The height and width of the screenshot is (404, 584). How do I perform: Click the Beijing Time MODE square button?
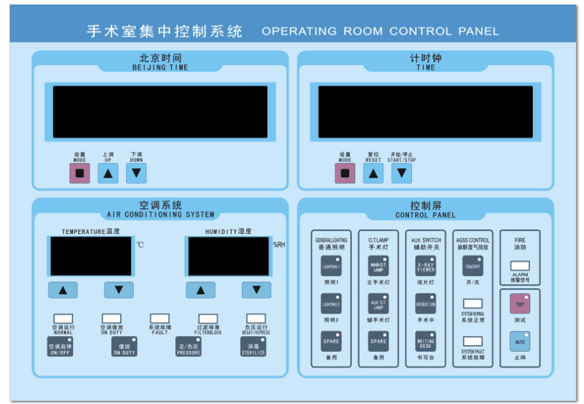pos(80,173)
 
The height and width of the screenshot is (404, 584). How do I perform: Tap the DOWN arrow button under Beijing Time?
pos(136,173)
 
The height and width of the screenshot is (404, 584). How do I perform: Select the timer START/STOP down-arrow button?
pos(402,173)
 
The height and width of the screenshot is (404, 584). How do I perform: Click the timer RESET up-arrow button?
pos(373,173)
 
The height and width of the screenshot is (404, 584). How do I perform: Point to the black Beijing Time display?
pos(160,112)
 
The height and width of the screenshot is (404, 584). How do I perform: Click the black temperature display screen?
pos(90,256)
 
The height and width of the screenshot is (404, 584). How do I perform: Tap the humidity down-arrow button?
pos(256,290)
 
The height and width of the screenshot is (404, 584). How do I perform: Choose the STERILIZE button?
pos(253,346)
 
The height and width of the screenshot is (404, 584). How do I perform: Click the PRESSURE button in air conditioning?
pos(189,346)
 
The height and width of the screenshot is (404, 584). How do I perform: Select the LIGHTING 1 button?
pos(331,266)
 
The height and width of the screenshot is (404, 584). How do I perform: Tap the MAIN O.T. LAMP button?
pos(378,266)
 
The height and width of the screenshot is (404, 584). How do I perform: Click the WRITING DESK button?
pos(426,341)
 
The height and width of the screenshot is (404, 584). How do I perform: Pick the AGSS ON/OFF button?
pos(473,266)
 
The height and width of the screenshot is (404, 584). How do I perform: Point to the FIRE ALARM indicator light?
pos(520,266)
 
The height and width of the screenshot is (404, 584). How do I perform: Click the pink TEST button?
pos(520,303)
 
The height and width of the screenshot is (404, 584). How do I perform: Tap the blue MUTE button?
pos(520,341)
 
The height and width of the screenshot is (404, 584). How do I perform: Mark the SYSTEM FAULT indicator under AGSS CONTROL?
pos(473,341)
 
